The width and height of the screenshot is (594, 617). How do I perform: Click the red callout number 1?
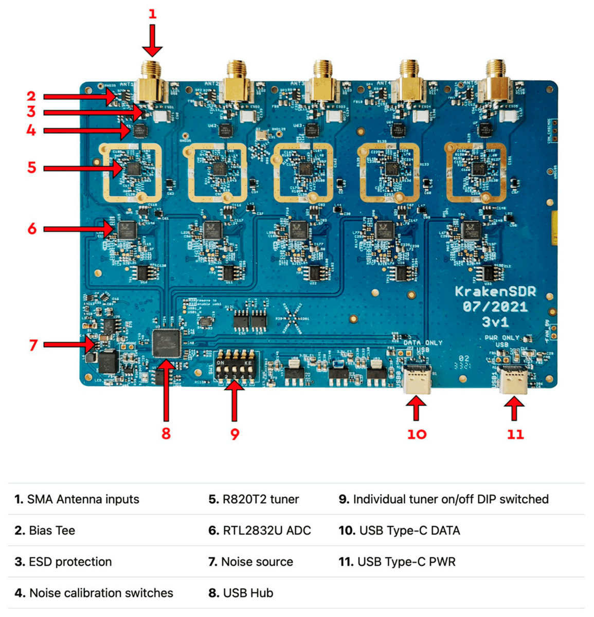152,14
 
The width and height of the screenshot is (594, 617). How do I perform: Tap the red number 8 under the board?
166,433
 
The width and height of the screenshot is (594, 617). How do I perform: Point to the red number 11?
515,434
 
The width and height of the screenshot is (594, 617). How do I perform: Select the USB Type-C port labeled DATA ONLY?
417,379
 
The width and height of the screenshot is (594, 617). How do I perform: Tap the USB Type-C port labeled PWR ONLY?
514,379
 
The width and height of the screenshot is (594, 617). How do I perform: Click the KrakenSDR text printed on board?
495,292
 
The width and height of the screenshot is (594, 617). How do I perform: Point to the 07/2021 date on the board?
495,307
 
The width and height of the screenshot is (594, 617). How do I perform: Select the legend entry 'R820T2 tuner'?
254,499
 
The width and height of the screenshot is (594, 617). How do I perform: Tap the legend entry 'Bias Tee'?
45,531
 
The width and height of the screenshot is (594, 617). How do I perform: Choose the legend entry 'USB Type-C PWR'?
397,562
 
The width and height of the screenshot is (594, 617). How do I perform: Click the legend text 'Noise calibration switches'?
94,593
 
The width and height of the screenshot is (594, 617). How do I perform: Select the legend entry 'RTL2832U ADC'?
260,531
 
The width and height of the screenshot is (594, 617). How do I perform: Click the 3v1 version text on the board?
495,322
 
